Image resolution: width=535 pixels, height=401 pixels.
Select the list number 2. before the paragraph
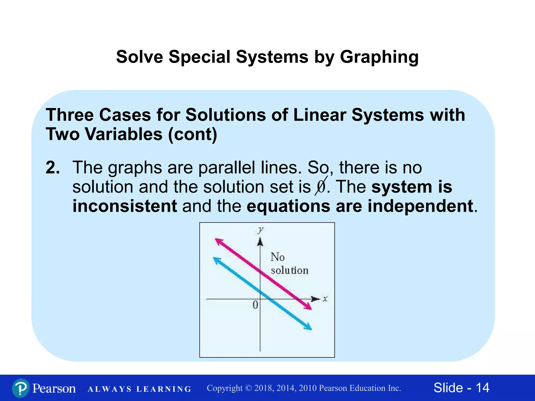click(53, 168)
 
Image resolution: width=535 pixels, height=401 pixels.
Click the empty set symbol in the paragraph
click(321, 187)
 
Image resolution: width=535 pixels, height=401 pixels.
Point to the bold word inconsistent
click(125, 206)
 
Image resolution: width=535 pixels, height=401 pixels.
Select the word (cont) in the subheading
click(193, 134)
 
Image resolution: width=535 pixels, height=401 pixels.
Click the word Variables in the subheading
click(124, 134)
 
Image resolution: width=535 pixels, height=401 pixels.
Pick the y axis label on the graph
click(260, 230)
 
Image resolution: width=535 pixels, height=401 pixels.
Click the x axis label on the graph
click(325, 299)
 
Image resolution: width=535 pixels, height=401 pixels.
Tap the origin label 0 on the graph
click(255, 305)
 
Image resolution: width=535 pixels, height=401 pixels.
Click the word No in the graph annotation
click(277, 257)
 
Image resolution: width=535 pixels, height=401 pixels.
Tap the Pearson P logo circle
click(21, 388)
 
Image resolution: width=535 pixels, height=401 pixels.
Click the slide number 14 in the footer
click(482, 388)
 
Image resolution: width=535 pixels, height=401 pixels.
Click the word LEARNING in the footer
click(164, 389)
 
